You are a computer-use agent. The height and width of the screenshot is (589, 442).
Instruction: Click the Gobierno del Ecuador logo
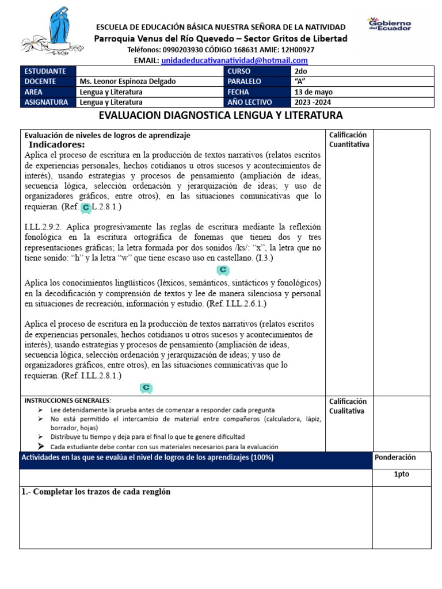coord(389,24)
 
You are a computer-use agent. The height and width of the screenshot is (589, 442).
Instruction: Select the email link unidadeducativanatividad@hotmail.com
coord(234,60)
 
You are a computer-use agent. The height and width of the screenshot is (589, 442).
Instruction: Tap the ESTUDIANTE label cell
coord(48,71)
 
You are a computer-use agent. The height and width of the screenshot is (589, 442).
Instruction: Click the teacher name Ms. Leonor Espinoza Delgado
coord(128,81)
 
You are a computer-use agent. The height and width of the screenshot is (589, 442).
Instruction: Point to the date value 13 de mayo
coord(313,92)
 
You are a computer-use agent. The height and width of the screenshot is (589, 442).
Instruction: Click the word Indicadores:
coord(56,144)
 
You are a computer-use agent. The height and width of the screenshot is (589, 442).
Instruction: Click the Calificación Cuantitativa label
coord(349,140)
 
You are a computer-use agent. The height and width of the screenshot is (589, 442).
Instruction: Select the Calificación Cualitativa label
coord(348,406)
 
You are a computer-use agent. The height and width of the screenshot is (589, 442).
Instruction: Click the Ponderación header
coord(394,457)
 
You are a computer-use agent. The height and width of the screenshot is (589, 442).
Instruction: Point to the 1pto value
coord(401,475)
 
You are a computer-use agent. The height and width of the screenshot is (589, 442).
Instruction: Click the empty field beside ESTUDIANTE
coord(150,71)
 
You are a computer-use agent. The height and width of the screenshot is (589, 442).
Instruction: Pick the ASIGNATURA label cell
coord(48,102)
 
